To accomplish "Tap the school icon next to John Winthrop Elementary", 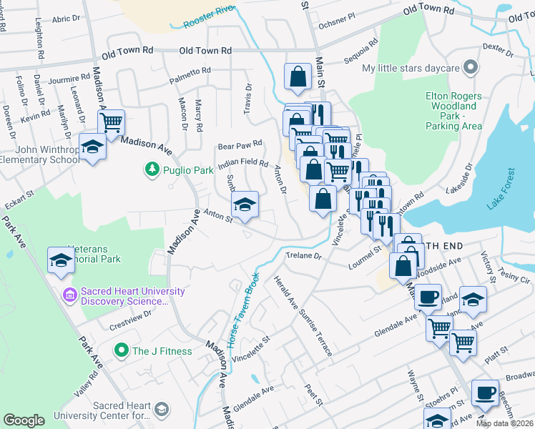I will tap(93, 147).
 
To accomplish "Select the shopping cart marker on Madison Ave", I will tap(111, 122).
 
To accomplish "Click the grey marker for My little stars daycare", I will tap(470, 69).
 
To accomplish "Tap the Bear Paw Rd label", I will tap(240, 143).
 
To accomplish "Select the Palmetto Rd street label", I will tap(190, 71).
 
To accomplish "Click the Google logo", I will tap(24, 420).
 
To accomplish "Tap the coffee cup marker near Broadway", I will tap(485, 393).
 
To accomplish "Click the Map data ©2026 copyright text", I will tap(504, 423).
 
